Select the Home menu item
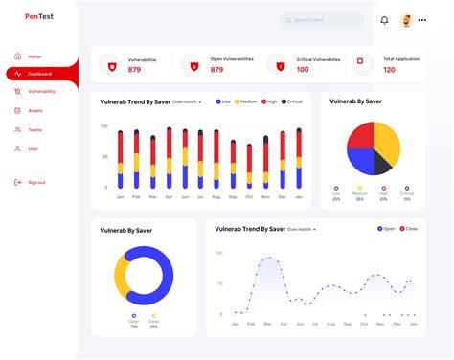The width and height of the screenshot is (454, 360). [x=34, y=56]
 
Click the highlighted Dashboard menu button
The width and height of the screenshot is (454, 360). [x=41, y=74]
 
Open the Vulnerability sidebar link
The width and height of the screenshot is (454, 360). [x=41, y=92]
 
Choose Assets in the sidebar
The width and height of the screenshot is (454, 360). [x=35, y=111]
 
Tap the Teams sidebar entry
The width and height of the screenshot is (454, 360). [x=35, y=129]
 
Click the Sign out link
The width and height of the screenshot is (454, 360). [x=36, y=182]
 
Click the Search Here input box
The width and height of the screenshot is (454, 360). [x=322, y=19]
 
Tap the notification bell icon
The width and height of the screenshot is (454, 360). [x=384, y=20]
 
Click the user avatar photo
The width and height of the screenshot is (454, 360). [x=407, y=20]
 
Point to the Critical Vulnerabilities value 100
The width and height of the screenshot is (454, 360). [x=303, y=70]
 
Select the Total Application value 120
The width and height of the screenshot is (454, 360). [x=389, y=70]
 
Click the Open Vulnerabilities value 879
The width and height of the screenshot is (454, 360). [x=217, y=70]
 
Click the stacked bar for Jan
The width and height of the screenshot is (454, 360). [x=121, y=159]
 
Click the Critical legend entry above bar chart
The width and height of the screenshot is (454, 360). [x=292, y=101]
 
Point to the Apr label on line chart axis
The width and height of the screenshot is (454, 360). [x=285, y=324]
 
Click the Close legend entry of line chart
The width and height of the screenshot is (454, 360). [x=409, y=229]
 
